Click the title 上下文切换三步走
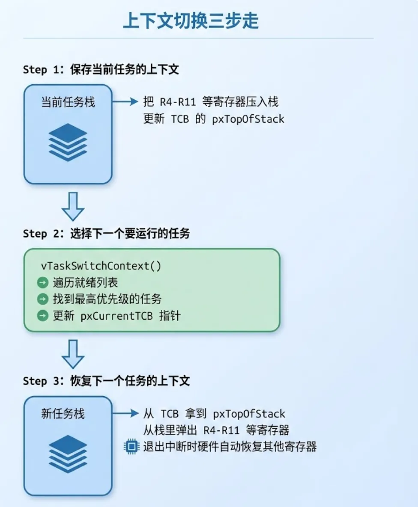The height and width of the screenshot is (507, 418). pos(191,21)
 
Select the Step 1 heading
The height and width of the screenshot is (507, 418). pos(101,70)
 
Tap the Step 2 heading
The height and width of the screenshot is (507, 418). pos(106,234)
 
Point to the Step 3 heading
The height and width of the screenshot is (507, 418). pos(106,381)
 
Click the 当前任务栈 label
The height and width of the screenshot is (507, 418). pos(68,103)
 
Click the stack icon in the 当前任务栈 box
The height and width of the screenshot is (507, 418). pos(68,142)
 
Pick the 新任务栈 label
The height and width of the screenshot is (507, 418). pos(63,414)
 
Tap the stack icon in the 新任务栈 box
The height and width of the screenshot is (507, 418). pos(68,454)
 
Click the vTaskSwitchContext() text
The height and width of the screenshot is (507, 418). pos(101,265)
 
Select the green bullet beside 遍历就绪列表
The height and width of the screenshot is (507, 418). pos(43,283)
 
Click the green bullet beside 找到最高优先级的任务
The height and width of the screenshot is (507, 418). pos(43,299)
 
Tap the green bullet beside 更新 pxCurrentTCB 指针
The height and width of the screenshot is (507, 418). pos(43,316)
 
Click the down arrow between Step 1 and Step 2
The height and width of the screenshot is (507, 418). pos(73,206)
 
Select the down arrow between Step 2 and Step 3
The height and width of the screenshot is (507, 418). pos(73,353)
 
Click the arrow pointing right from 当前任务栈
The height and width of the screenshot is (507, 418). pos(126,102)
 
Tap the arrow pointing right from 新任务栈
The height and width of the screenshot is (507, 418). pos(126,414)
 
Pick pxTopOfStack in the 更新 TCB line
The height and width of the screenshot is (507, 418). pos(248,119)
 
